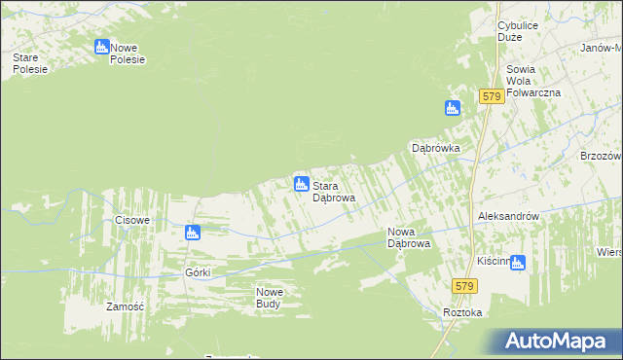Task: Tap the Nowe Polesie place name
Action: [x=128, y=53]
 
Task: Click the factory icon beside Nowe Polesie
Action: [x=102, y=47]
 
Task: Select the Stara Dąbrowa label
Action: [x=333, y=191]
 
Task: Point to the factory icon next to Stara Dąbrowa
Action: [x=302, y=184]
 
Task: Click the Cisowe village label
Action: [x=132, y=220]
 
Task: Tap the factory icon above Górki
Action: [x=193, y=233]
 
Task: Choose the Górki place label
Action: [x=198, y=272]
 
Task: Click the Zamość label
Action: [x=125, y=306]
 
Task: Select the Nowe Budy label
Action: [x=269, y=298]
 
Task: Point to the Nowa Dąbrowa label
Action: [x=409, y=237]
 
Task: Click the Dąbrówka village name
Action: [x=435, y=148]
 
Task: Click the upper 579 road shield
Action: [x=491, y=96]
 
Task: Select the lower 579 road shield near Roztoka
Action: [x=463, y=284]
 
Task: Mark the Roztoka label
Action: [x=462, y=312]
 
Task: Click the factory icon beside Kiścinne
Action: [x=518, y=262]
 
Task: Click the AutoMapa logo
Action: [x=559, y=342]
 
